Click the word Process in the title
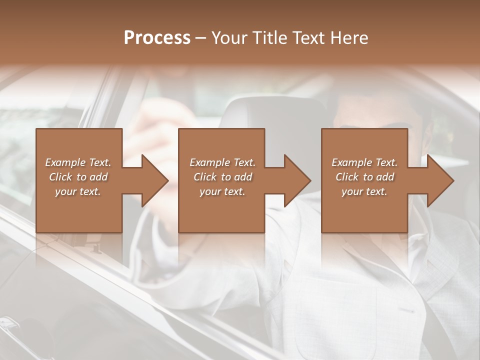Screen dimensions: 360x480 click(x=157, y=38)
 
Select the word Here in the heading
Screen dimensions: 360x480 click(x=349, y=38)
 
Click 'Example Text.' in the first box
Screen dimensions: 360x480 click(x=78, y=162)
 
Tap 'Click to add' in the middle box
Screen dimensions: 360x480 click(x=222, y=177)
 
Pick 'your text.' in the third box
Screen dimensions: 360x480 click(x=364, y=191)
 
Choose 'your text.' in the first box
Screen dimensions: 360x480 click(x=78, y=191)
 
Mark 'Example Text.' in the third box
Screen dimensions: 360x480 click(x=364, y=162)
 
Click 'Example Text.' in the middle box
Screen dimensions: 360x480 click(x=222, y=162)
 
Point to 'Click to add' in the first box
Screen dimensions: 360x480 click(x=78, y=177)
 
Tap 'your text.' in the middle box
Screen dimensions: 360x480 click(x=222, y=191)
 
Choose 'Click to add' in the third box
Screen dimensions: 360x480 click(x=364, y=177)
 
